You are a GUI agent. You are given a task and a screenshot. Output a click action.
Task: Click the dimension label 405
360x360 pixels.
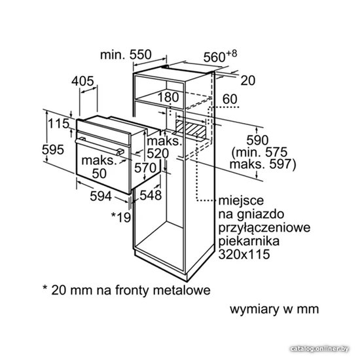click(x=82, y=81)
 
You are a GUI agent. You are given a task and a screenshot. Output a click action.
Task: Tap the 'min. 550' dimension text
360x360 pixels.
click(x=126, y=54)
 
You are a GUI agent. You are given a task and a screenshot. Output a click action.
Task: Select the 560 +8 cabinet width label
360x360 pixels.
click(x=220, y=56)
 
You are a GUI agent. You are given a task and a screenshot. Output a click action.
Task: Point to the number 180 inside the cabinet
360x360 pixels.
click(x=168, y=97)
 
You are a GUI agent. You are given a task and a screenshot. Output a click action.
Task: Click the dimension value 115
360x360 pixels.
click(x=58, y=123)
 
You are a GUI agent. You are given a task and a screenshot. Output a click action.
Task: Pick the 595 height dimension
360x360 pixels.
click(x=53, y=150)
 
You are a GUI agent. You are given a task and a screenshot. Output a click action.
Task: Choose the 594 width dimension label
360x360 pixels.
click(x=101, y=196)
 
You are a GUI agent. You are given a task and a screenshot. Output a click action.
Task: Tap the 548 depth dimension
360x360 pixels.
click(x=151, y=196)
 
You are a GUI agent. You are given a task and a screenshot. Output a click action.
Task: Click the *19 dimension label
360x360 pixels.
click(x=121, y=217)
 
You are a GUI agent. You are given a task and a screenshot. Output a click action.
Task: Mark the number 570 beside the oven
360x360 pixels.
click(x=145, y=168)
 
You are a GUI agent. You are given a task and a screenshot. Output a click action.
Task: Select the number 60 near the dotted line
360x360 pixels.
click(x=230, y=99)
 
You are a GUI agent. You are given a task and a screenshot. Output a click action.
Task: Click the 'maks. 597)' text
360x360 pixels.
click(x=263, y=164)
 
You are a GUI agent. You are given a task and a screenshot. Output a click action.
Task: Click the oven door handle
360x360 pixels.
click(x=99, y=147)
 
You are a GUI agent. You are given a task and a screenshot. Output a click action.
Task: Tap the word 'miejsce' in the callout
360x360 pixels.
click(x=241, y=200)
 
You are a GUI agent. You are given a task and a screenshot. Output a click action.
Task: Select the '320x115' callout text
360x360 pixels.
click(x=244, y=254)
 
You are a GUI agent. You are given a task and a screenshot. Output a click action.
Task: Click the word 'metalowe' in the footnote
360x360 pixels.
click(x=181, y=290)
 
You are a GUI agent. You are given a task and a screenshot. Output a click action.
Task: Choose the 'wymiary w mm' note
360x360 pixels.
click(x=274, y=310)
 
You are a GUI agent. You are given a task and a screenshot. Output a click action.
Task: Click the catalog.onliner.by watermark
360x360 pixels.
click(x=319, y=349)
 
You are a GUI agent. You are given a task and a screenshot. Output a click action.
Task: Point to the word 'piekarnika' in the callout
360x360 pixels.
click(x=249, y=241)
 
